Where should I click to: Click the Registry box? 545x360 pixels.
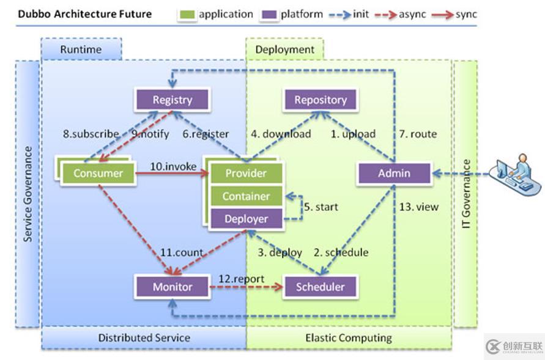click(x=172, y=100)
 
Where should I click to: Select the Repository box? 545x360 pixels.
click(x=321, y=100)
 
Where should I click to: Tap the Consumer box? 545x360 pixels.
click(x=98, y=173)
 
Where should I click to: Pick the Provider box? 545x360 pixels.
click(x=246, y=173)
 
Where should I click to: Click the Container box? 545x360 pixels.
click(x=246, y=196)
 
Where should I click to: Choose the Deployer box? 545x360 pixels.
click(x=246, y=219)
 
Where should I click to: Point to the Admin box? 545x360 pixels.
click(x=394, y=173)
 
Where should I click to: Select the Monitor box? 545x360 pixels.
click(x=172, y=287)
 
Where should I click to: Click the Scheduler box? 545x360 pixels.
click(x=321, y=287)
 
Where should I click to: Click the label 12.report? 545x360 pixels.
click(x=242, y=279)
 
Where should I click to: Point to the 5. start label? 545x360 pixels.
click(x=321, y=207)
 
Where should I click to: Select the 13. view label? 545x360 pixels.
click(x=419, y=207)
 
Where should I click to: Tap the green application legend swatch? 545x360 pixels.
click(x=188, y=15)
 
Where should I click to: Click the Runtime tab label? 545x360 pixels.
click(x=81, y=50)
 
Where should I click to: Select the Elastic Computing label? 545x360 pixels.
click(x=349, y=337)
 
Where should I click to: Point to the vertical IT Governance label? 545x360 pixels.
click(x=466, y=194)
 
